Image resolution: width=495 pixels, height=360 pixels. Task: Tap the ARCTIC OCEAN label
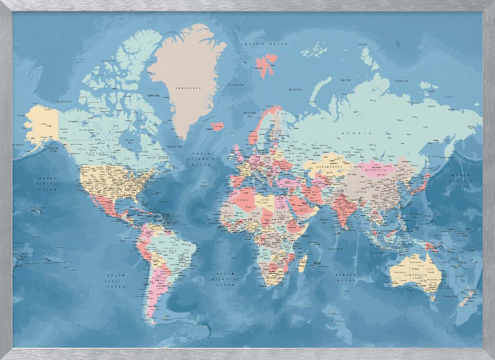click(x=259, y=44)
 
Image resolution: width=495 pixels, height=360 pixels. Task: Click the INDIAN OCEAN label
click(x=346, y=277)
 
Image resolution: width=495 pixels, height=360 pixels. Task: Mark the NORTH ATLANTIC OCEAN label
click(x=203, y=159)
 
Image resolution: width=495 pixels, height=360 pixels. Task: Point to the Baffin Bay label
click(x=154, y=95)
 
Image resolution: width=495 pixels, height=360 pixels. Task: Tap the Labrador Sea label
click(x=174, y=146)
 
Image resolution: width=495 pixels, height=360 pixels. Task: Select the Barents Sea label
click(x=296, y=89)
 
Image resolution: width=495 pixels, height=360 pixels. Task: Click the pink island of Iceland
click(x=217, y=126)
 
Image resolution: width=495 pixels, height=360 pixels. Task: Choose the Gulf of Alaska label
click(x=54, y=148)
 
